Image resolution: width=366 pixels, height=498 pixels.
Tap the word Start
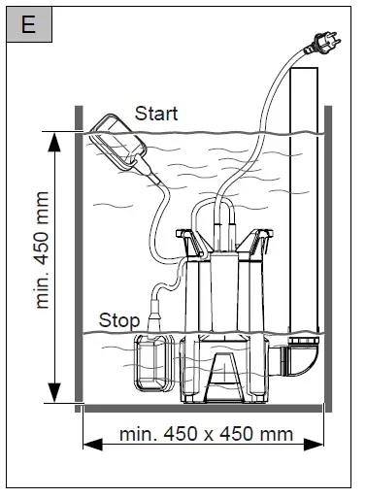156,114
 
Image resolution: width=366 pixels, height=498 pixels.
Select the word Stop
120,319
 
